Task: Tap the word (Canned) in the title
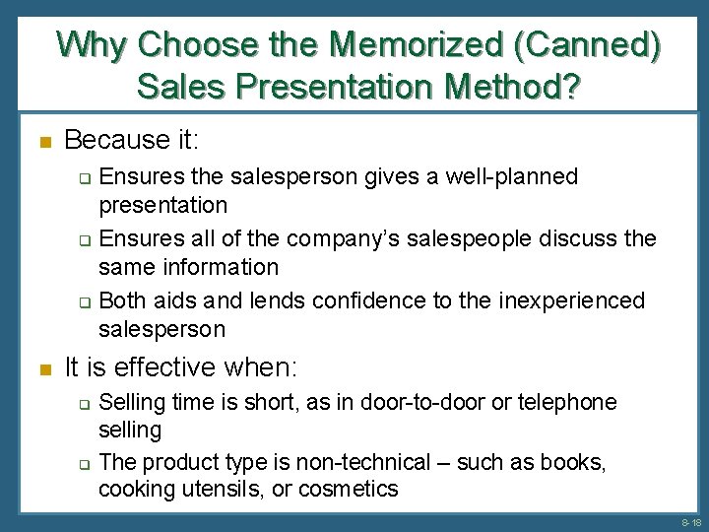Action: [596, 44]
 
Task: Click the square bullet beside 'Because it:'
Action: [42, 142]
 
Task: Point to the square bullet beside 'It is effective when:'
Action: [42, 369]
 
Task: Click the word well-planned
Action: [511, 177]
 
